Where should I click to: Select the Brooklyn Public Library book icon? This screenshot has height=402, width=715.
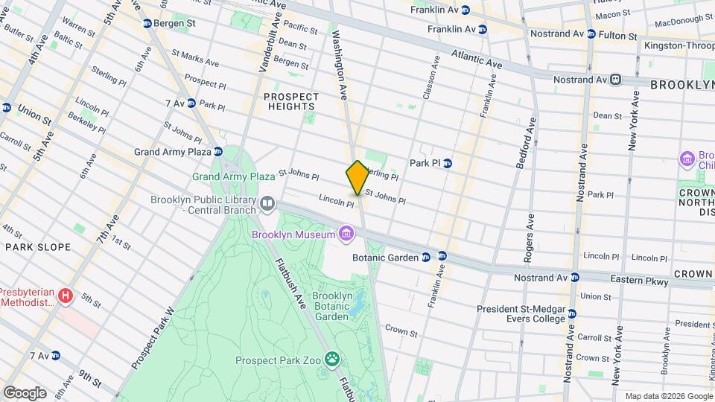coord(267,202)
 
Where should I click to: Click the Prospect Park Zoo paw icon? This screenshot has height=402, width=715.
coord(332,360)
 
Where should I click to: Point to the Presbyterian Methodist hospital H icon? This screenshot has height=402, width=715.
coord(66,296)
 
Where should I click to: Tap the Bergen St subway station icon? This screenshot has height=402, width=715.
coord(147,24)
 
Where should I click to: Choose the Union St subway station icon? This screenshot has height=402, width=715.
coord(7,108)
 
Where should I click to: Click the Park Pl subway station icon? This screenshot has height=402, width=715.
coord(447,163)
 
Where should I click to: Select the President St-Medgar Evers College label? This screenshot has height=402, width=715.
coord(521,313)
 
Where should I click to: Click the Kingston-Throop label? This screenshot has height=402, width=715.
coord(679,46)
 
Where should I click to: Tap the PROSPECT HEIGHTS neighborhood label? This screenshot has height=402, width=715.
coord(291,101)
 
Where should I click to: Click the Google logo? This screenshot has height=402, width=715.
coord(25,392)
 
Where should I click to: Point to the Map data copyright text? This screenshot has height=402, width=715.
coord(667,395)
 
